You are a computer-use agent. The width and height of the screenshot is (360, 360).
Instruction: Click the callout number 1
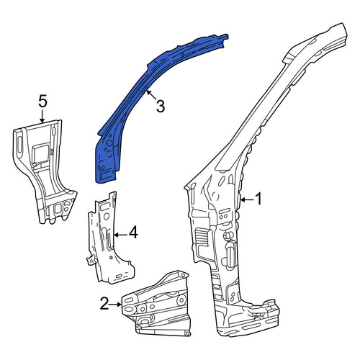tap(258, 199)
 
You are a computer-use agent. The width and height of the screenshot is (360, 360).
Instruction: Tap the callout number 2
tap(104, 304)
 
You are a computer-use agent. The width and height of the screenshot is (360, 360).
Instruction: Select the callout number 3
tap(161, 106)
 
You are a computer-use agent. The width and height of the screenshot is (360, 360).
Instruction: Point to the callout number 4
tap(133, 232)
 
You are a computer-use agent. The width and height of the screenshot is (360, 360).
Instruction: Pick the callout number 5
tap(42, 102)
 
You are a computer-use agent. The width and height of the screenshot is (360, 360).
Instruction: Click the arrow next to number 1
tap(246, 199)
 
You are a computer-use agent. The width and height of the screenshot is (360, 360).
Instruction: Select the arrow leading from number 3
tap(151, 94)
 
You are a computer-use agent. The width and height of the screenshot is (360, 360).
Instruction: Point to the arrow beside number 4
tap(121, 235)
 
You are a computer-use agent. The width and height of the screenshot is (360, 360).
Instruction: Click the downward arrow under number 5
tap(42, 116)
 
